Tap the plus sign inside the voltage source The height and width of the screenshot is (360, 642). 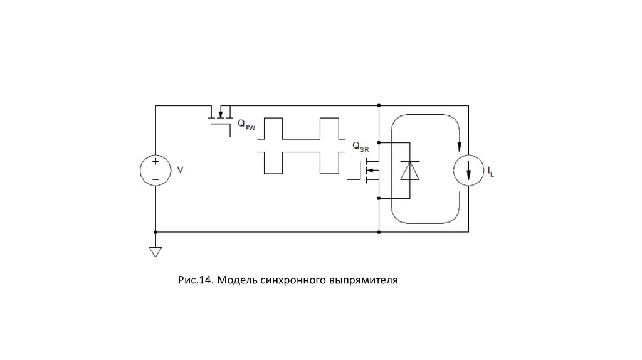tap(155, 161)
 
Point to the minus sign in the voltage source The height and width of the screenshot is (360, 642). tap(155, 179)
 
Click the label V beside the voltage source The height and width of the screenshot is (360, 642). tap(181, 170)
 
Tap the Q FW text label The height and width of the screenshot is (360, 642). tap(245, 125)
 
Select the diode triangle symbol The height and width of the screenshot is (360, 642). tap(410, 170)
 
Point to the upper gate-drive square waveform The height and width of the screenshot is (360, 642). tap(301, 129)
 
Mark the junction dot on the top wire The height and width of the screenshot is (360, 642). tap(379, 105)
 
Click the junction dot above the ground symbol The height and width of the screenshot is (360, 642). tap(155, 232)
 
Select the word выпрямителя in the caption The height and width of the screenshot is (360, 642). tap(363, 278)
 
